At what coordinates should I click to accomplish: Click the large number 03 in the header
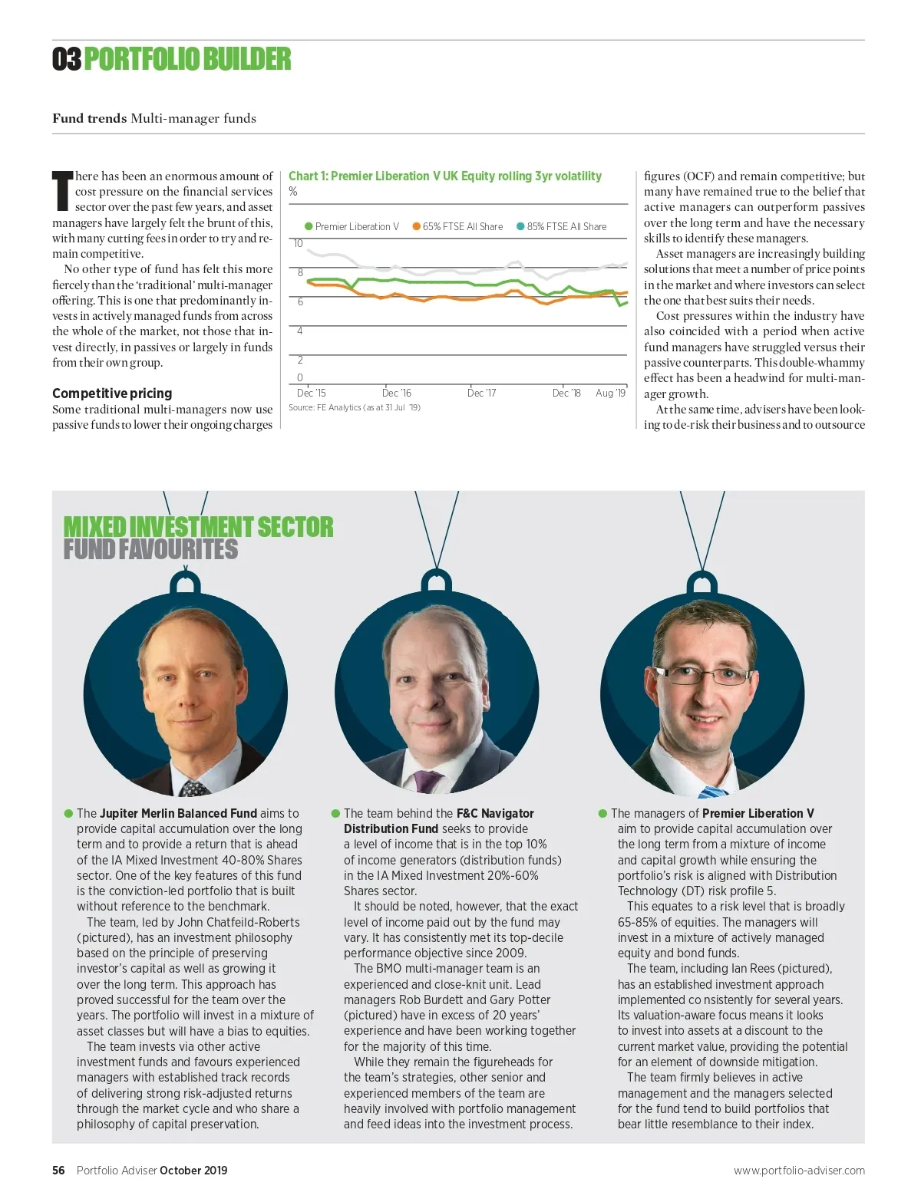(x=67, y=60)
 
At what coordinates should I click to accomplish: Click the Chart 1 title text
(x=444, y=176)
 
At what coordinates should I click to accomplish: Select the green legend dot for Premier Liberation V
(x=309, y=226)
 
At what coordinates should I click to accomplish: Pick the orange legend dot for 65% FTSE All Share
(x=416, y=226)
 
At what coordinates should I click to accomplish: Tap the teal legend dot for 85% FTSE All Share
(x=520, y=226)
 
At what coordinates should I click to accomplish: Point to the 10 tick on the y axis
(x=298, y=244)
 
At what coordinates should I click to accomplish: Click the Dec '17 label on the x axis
(x=481, y=394)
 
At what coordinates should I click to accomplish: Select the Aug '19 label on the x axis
(x=610, y=394)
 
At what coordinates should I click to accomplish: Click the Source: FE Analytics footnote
(x=354, y=407)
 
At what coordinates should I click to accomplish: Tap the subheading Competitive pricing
(x=112, y=394)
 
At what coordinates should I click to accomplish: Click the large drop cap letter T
(x=62, y=192)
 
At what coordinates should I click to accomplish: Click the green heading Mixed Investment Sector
(x=198, y=528)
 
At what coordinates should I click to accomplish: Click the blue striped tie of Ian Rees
(x=714, y=791)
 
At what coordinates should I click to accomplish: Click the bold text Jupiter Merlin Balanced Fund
(x=178, y=813)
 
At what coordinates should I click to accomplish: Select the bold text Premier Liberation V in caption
(x=758, y=813)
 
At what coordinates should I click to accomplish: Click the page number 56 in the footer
(x=58, y=1171)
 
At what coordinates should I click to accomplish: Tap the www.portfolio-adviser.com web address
(x=798, y=1171)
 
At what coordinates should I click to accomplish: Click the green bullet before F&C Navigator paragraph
(x=335, y=813)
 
